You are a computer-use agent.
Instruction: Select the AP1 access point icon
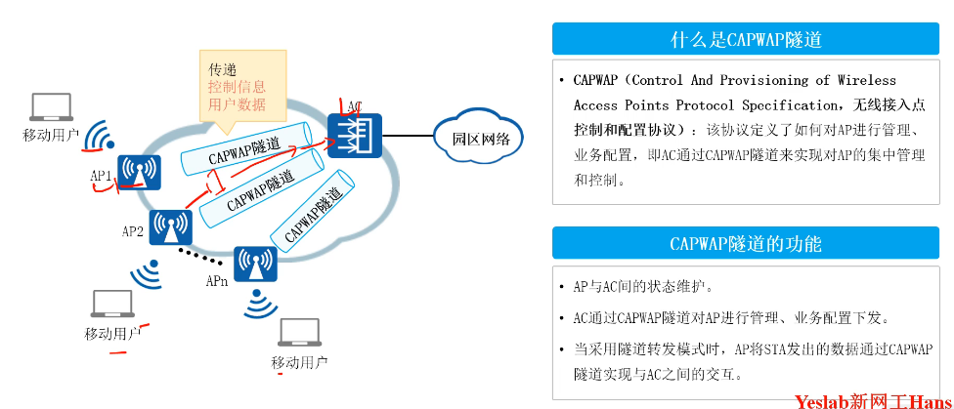tap(139, 172)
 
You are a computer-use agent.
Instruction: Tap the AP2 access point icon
tap(170, 227)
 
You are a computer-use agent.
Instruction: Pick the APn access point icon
tap(255, 263)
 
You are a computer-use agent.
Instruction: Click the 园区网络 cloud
tap(479, 138)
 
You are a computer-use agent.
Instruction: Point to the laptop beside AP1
tap(51, 106)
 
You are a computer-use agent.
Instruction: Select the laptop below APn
tap(299, 333)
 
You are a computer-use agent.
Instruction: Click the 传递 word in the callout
tap(223, 69)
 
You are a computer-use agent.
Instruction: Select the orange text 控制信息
tap(237, 87)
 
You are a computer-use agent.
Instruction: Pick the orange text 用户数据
tap(237, 104)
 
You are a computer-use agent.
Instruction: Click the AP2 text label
tap(133, 232)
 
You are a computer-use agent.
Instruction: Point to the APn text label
tap(217, 281)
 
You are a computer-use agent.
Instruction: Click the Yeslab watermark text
tap(866, 399)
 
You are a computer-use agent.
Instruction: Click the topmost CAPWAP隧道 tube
tap(249, 148)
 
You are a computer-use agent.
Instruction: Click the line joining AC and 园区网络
tap(409, 136)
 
